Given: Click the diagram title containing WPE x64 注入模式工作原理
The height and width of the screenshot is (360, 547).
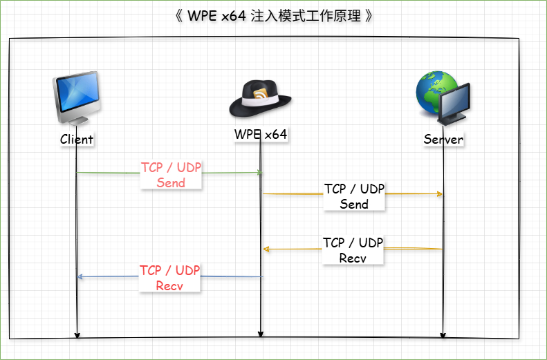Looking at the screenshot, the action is [274, 16].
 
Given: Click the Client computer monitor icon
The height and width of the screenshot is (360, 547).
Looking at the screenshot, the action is [77, 97].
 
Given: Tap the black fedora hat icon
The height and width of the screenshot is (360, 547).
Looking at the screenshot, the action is [260, 99].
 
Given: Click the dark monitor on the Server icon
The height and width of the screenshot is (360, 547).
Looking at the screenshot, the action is [454, 104].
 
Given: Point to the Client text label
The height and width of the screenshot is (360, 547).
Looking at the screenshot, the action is [77, 140].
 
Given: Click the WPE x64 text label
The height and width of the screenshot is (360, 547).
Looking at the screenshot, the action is [261, 134].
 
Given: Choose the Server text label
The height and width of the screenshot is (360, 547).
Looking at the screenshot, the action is [443, 140].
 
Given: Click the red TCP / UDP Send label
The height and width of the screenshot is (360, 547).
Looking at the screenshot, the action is [171, 175].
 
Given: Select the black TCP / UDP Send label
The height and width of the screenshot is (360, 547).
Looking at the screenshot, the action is [354, 196].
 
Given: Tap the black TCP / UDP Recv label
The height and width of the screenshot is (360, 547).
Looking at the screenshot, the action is [353, 250].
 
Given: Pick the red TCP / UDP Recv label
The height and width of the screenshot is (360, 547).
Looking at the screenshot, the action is [169, 278].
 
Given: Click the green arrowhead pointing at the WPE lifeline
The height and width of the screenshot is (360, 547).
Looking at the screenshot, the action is [259, 173].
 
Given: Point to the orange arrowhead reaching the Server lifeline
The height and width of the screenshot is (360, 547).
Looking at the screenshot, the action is [440, 193].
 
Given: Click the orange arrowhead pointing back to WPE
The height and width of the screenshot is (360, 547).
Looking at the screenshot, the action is [266, 249].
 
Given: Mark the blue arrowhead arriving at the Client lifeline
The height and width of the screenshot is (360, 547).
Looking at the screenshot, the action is [80, 276].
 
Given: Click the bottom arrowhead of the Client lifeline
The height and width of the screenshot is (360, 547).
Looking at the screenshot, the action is [77, 335].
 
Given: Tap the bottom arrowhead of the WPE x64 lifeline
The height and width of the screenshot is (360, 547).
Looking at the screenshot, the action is [260, 334].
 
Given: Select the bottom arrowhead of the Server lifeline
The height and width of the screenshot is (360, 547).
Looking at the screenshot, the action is [443, 335].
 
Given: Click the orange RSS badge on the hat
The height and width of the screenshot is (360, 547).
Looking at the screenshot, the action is [261, 94].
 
